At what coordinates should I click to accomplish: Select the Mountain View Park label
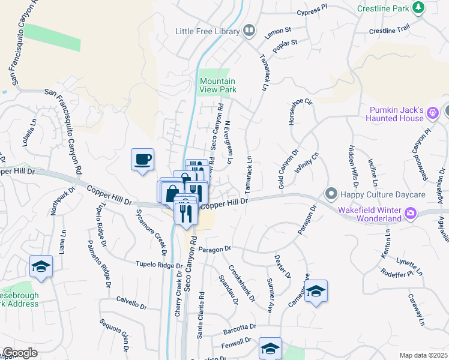click(218, 85)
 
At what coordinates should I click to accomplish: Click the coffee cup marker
click(143, 160)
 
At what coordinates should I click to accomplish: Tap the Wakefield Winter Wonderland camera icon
click(411, 212)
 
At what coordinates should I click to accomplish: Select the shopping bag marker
click(171, 193)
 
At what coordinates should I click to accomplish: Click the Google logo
click(20, 352)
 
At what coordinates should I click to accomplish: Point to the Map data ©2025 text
click(423, 355)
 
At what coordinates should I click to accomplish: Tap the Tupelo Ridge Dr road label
click(158, 263)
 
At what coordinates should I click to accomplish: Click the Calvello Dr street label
click(131, 302)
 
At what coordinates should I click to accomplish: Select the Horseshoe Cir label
click(301, 110)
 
